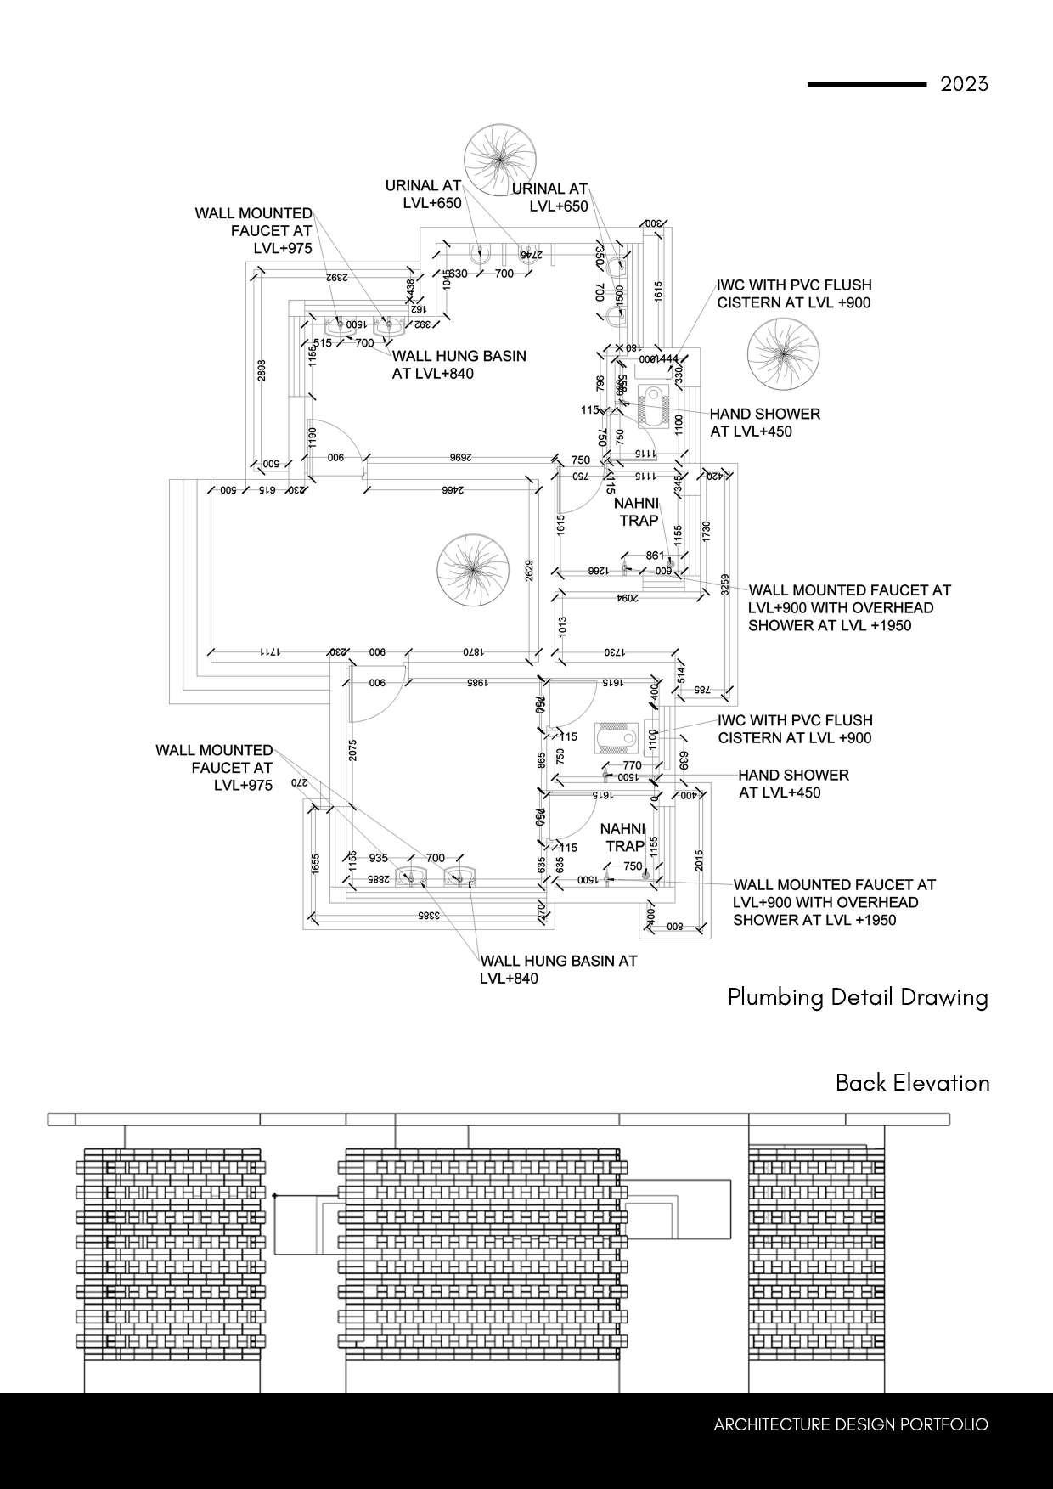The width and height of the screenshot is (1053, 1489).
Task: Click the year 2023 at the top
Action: pyautogui.click(x=965, y=84)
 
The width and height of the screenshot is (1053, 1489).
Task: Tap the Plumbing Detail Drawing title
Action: pyautogui.click(x=858, y=996)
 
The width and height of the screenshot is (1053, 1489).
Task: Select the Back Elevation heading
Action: pyautogui.click(x=912, y=1083)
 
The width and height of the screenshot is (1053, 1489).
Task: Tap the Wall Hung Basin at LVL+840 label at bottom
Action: pyautogui.click(x=558, y=969)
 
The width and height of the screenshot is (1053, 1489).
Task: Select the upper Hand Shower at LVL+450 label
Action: pyautogui.click(x=764, y=422)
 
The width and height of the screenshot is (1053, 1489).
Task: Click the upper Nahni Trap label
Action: pyautogui.click(x=636, y=512)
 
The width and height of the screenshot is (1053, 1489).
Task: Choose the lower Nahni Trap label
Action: pyautogui.click(x=623, y=838)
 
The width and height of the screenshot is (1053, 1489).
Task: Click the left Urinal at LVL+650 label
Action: pyautogui.click(x=423, y=194)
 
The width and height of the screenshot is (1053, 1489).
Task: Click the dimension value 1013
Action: pyautogui.click(x=563, y=627)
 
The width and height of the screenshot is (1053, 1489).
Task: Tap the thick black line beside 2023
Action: pyautogui.click(x=866, y=85)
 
